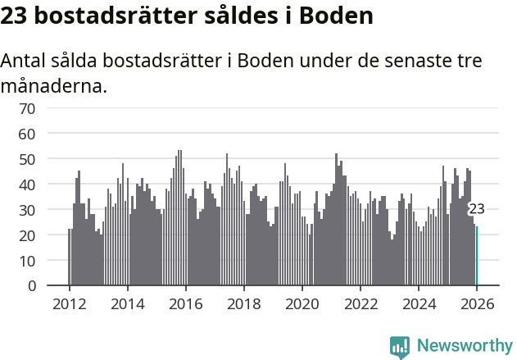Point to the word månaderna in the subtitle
point(54,85)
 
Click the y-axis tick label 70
point(27,108)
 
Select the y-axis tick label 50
point(27,159)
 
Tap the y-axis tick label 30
point(27,210)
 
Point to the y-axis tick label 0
point(31,286)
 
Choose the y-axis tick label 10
point(27,261)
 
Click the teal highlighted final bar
point(476,257)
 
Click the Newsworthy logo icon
point(400,347)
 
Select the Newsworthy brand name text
point(464,346)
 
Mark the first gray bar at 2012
point(69,257)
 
